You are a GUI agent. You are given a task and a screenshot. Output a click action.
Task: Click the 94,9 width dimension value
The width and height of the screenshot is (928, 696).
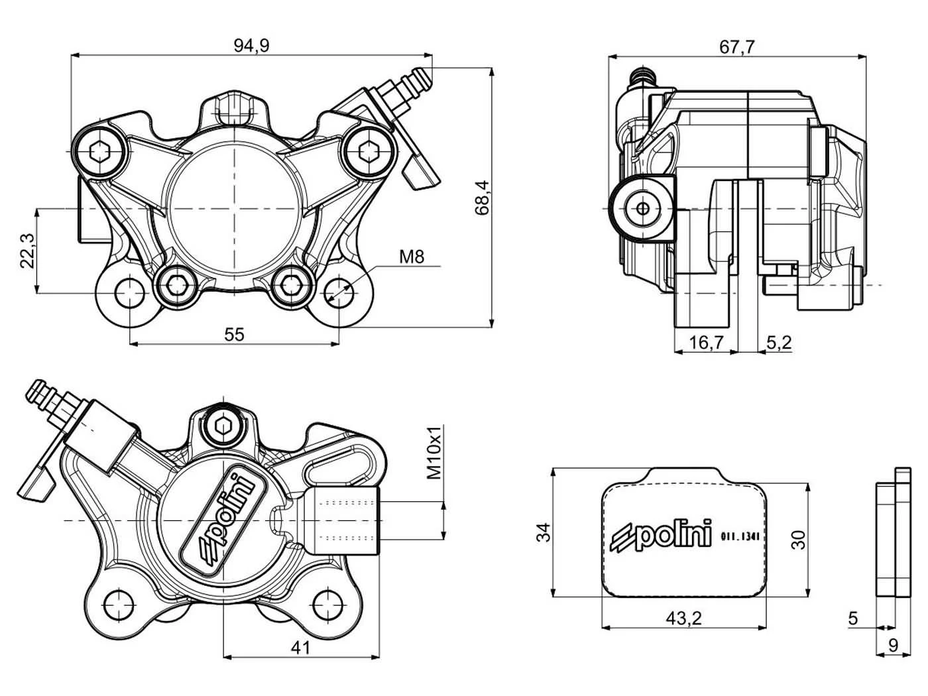251,46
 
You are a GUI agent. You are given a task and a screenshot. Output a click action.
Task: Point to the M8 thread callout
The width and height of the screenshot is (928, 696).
412,256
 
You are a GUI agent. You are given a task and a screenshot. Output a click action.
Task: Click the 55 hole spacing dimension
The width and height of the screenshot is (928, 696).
234,335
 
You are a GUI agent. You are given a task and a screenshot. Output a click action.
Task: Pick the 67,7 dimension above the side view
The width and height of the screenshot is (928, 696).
737,47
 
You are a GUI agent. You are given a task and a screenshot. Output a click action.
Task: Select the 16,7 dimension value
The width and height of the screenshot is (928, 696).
706,342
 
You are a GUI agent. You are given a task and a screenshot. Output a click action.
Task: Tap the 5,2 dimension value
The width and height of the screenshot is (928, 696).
779,342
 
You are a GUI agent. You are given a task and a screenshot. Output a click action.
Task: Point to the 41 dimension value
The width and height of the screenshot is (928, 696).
300,648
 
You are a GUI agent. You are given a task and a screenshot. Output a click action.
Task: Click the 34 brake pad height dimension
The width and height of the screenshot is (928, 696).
544,532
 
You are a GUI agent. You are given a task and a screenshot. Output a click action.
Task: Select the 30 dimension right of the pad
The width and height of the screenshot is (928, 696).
798,540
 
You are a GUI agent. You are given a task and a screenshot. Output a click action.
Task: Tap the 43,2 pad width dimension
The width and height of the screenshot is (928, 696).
683,618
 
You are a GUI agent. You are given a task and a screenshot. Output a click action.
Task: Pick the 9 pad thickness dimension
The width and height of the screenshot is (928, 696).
894,658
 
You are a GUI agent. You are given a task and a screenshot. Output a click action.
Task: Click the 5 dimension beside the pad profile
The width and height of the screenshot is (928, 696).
853,618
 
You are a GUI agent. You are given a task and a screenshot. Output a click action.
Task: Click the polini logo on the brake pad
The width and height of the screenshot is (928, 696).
662,536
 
